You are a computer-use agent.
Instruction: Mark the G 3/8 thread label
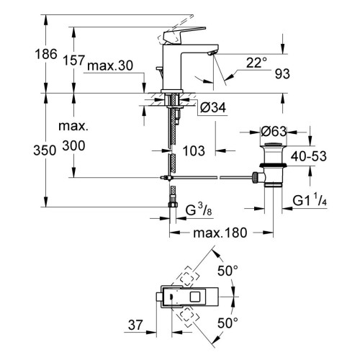tap(199, 210)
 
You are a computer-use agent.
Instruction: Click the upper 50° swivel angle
tap(228, 271)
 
